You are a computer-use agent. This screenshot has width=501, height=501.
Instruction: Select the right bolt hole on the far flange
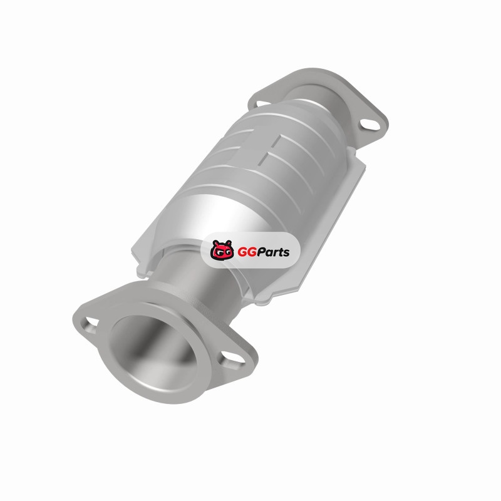pos(369,124)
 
